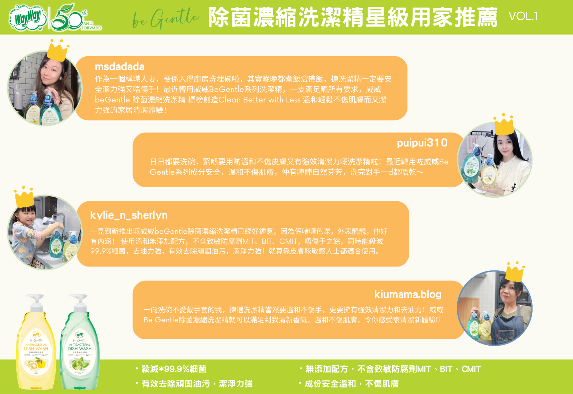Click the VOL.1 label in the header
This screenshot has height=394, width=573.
pyautogui.click(x=523, y=16)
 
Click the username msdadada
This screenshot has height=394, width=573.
pyautogui.click(x=120, y=67)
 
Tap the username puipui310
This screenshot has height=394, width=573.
pyautogui.click(x=422, y=143)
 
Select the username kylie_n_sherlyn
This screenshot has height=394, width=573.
pyautogui.click(x=129, y=215)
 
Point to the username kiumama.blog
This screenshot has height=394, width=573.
pyautogui.click(x=408, y=294)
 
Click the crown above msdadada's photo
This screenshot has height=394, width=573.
pyautogui.click(x=58, y=51)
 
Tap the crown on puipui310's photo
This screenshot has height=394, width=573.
pyautogui.click(x=504, y=125)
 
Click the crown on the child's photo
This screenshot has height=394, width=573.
pyautogui.click(x=24, y=197)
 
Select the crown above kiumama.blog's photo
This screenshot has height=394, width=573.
pyautogui.click(x=515, y=272)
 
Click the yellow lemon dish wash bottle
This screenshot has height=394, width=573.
pyautogui.click(x=36, y=347)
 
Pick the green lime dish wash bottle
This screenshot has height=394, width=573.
pyautogui.click(x=80, y=347)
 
